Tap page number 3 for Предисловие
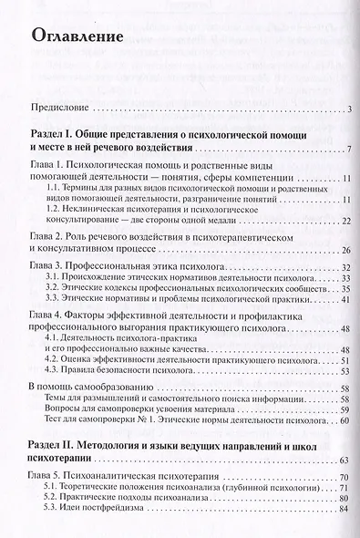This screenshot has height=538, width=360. (x=349, y=111)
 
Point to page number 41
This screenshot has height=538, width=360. (x=346, y=302)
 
